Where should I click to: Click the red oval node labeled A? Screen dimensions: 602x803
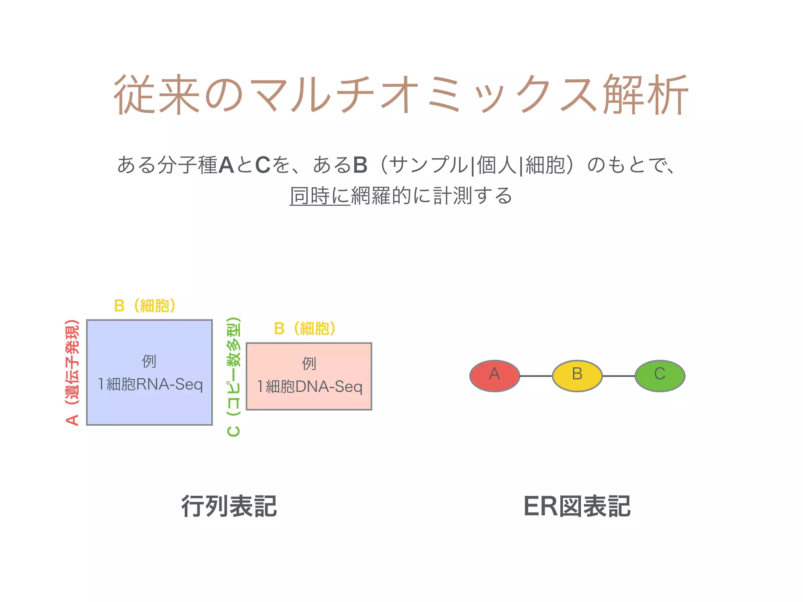click(494, 375)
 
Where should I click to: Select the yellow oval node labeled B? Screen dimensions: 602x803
click(577, 375)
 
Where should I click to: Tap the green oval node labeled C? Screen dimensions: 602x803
click(660, 375)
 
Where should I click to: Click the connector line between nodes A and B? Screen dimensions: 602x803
click(536, 376)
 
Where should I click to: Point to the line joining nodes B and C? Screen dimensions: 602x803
click(619, 376)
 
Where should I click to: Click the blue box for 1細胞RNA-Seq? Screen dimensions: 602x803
click(149, 408)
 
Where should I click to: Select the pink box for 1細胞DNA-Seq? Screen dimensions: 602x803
click(309, 400)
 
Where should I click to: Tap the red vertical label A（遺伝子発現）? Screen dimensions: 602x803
click(73, 372)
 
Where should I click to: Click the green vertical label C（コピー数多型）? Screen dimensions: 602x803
click(234, 376)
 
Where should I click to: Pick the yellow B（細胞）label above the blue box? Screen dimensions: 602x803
click(145, 306)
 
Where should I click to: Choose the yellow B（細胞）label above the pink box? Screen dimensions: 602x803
click(305, 328)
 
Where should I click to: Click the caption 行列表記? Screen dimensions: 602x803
click(229, 506)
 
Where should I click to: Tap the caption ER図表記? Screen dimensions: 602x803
click(577, 506)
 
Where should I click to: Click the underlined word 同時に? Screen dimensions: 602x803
click(320, 196)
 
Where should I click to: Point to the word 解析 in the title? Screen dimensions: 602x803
click(645, 95)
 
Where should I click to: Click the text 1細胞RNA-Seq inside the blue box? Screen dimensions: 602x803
click(151, 384)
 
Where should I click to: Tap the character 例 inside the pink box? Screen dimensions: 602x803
click(309, 364)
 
